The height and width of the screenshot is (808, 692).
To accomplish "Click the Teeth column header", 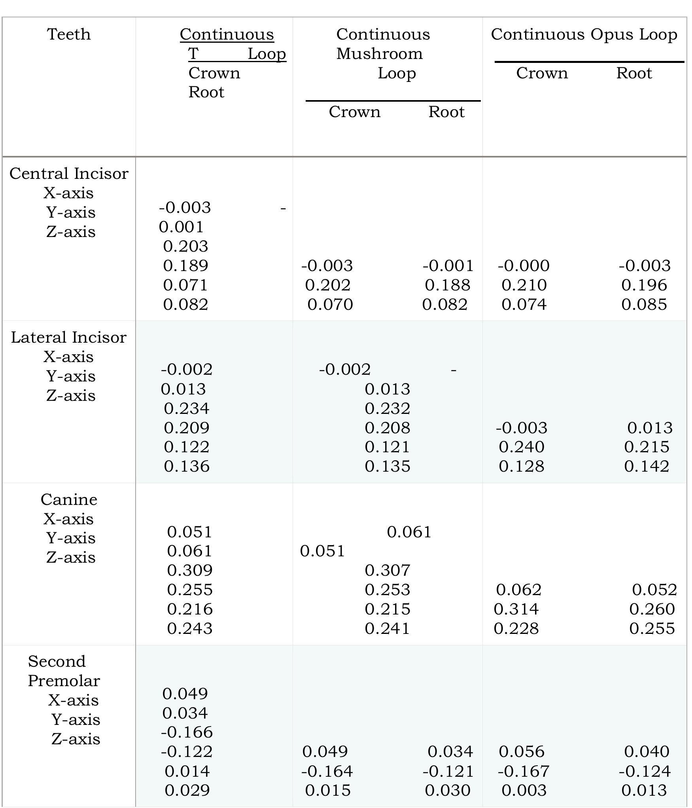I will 69,34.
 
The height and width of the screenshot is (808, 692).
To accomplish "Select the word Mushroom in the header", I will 379,54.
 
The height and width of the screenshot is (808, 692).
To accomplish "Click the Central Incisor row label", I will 69,174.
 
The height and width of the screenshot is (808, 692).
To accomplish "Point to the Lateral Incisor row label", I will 69,338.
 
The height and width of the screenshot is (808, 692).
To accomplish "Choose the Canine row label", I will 69,499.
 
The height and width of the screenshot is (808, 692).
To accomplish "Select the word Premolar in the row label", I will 64,681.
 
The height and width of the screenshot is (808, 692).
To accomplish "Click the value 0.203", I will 185,246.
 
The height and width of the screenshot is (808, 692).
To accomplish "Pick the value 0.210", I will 524,285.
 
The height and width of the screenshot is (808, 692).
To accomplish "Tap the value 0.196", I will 644,285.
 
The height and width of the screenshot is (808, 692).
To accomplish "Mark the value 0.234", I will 187,408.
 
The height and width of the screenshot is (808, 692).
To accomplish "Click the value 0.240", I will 522,447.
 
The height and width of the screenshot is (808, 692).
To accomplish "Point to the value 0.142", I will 647,467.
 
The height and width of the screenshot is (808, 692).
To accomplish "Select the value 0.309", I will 190,570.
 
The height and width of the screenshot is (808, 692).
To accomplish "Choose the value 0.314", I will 516,609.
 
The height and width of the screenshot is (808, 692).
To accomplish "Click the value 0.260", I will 652,609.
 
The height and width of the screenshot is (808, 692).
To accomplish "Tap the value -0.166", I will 187,732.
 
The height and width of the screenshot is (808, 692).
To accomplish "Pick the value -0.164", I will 327,771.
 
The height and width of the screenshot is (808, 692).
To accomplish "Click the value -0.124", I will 645,771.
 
